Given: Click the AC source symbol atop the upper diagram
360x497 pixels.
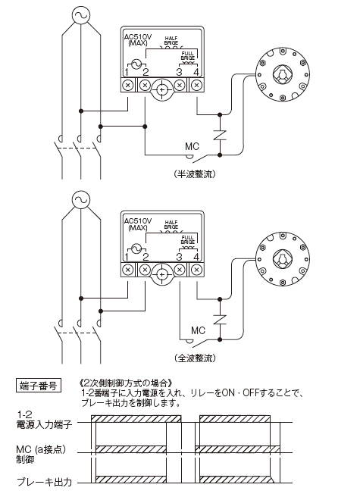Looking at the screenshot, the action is pos(82,15).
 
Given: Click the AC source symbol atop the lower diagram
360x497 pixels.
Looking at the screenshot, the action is pos(82,199).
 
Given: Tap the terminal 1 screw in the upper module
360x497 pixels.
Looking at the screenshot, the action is pos(128,86).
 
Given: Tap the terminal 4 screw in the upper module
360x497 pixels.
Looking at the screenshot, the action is pos(196,86).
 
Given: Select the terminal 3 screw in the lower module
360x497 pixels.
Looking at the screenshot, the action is pos(180,270).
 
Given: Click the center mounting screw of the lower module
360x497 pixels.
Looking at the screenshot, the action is pos(162,274).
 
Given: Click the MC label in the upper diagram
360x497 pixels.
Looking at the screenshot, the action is pos(193,146).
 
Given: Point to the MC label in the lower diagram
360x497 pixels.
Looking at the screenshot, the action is pos(199,330).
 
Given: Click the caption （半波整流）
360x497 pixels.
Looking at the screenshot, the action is pos(195,174).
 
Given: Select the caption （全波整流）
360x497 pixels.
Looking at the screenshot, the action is pos(195,358).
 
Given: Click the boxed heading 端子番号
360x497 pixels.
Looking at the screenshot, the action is pos(39,386).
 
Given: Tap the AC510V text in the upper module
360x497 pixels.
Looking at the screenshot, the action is pos(138,36).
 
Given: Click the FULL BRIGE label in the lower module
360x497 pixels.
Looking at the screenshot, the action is pos(187,239).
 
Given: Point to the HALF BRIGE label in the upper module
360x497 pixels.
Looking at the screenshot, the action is pos(171,40).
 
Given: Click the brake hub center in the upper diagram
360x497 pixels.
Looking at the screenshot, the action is pos(282,74).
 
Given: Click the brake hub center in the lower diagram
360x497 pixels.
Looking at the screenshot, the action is pos(282,259).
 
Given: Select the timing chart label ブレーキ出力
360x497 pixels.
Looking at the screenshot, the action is pos(45,483).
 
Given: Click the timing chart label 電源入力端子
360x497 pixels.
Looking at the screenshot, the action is pos(45,424).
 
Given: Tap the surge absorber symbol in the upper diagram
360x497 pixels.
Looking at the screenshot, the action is pos(220,135).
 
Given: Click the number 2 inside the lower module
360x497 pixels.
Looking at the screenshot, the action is pos(146,257).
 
